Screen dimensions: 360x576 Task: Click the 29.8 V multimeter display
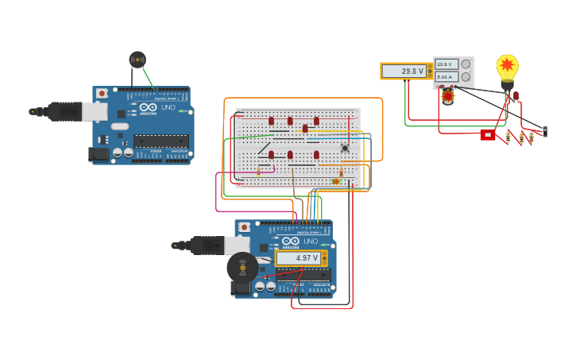tap(404, 72)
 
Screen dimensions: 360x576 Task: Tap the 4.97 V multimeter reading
tap(299, 258)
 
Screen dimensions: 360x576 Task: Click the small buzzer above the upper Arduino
tap(137, 60)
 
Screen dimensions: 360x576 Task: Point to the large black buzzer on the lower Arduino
tap(242, 268)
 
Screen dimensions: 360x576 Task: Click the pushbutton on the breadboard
tap(345, 148)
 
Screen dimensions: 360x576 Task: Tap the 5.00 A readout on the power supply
tap(444, 77)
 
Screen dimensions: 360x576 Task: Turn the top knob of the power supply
tap(466, 64)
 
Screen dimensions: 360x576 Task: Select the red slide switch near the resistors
tap(487, 135)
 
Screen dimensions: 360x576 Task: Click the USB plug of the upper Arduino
tap(67, 112)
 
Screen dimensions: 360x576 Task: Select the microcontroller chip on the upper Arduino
tap(160, 141)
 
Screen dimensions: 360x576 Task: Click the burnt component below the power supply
tap(448, 96)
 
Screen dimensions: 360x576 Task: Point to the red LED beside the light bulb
tap(516, 97)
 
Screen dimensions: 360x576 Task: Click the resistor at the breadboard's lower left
tap(258, 172)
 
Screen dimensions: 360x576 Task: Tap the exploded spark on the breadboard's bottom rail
tap(336, 181)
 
